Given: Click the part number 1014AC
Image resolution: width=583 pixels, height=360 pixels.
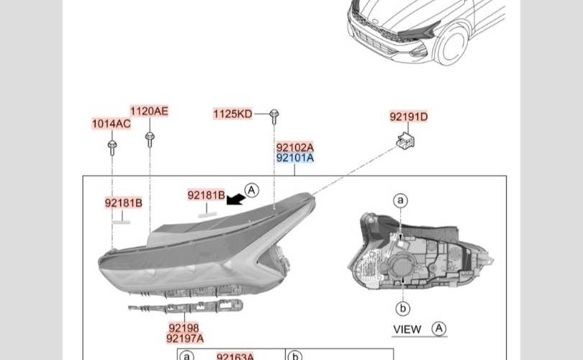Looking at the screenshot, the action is click(x=111, y=124).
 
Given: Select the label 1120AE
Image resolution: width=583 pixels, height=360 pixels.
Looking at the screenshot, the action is click(x=149, y=111).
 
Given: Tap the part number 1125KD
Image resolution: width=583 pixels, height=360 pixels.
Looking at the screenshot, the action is click(x=232, y=114).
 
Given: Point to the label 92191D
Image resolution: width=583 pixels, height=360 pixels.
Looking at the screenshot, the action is click(x=409, y=117).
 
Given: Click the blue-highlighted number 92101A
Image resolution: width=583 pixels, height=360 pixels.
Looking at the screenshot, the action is click(x=295, y=158).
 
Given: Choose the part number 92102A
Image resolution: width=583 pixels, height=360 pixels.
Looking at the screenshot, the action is click(x=295, y=148).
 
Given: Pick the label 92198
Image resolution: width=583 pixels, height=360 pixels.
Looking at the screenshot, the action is click(x=184, y=328).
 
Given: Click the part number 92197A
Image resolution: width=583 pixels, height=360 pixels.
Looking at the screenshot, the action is click(x=185, y=339).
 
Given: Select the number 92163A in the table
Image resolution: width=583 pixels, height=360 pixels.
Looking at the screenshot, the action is click(x=235, y=356).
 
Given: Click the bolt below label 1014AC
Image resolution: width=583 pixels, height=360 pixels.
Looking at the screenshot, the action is click(x=112, y=148).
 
